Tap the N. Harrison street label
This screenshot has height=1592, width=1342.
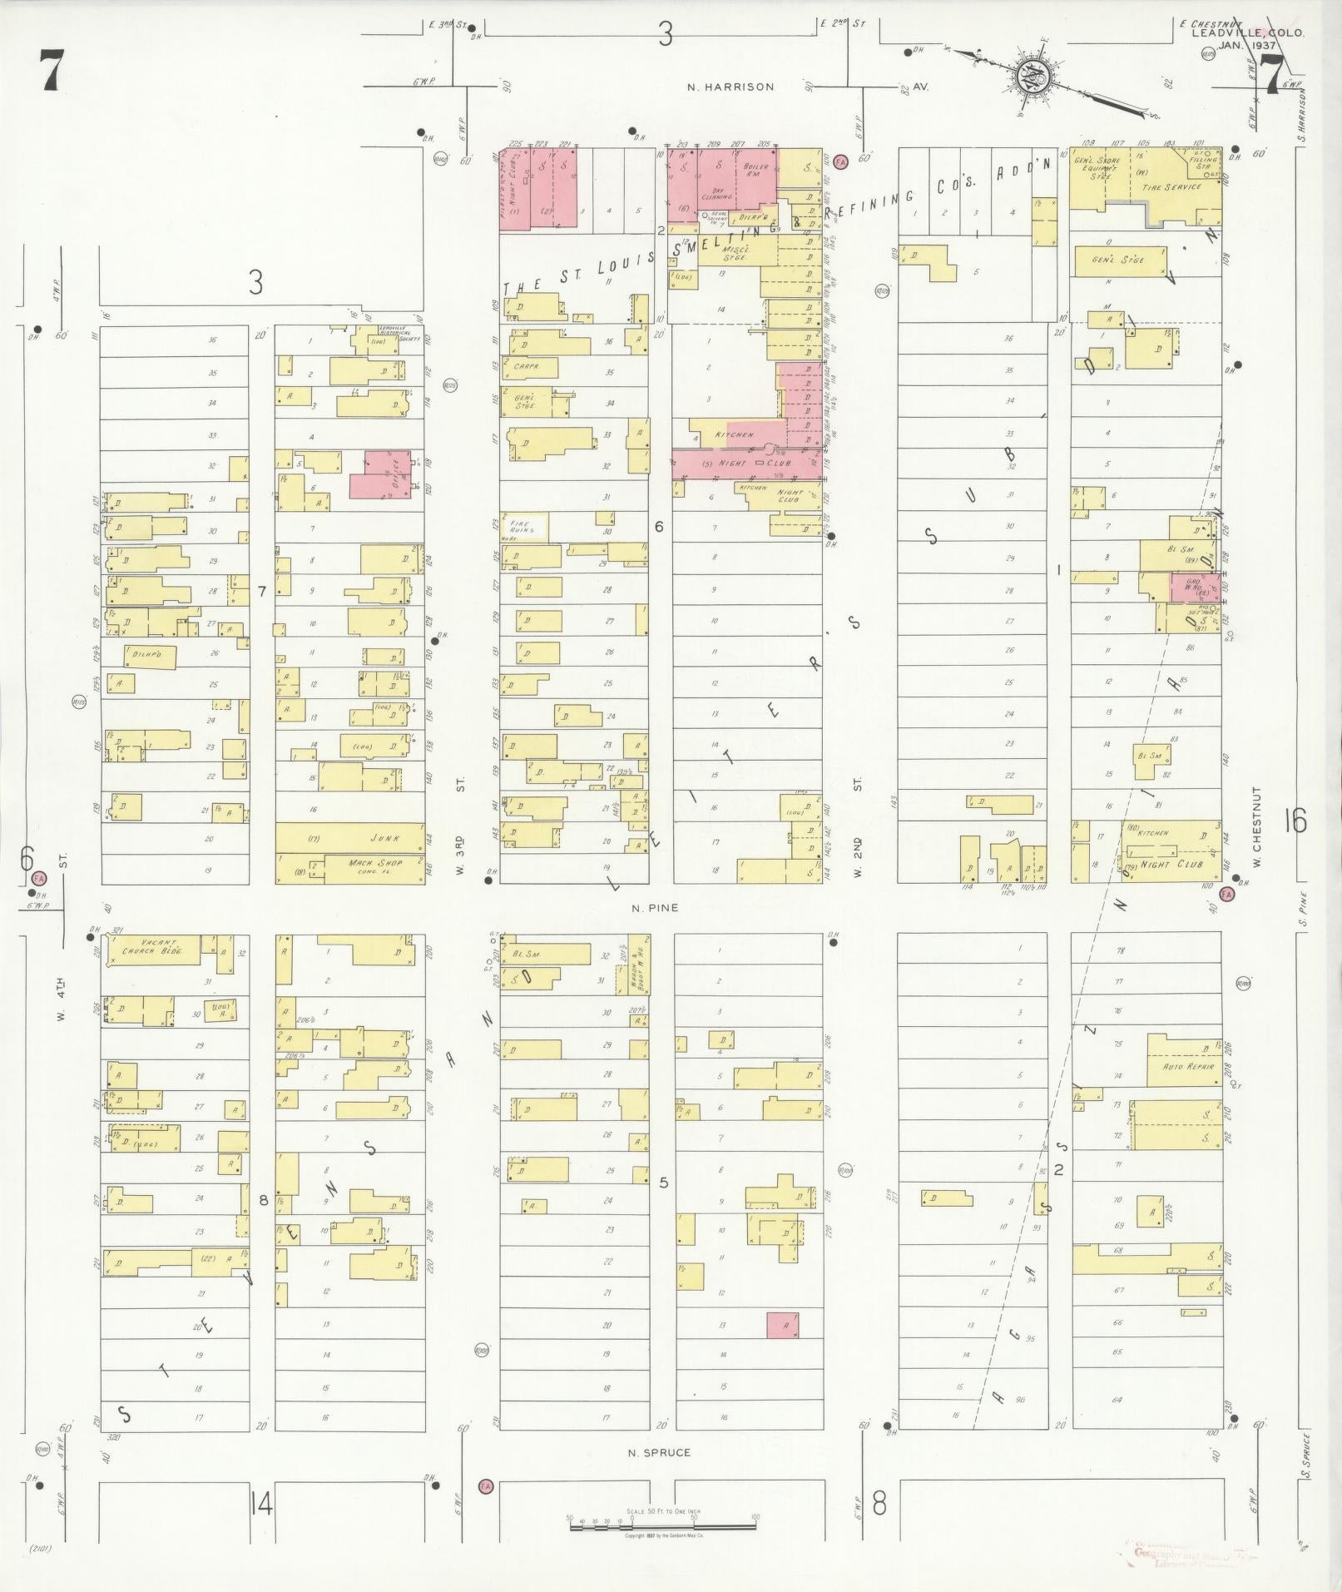coord(730,87)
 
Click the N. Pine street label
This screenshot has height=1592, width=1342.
coord(654,908)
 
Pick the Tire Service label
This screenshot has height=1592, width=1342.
coord(1172,187)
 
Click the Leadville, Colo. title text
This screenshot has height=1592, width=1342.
coord(1247,33)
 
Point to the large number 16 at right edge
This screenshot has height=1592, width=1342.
coord(1295,821)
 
